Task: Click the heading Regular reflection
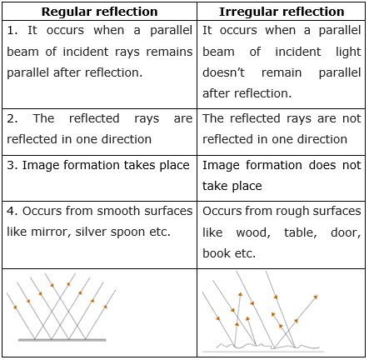[100, 12]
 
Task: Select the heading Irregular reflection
[282, 12]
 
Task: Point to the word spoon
[127, 232]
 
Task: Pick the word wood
[253, 232]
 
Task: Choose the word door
[346, 232]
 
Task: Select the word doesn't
[223, 72]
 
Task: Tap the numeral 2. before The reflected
[12, 118]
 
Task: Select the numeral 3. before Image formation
[12, 165]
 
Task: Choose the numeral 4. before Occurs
[12, 211]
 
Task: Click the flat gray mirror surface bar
[62, 340]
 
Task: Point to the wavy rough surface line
[268, 346]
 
